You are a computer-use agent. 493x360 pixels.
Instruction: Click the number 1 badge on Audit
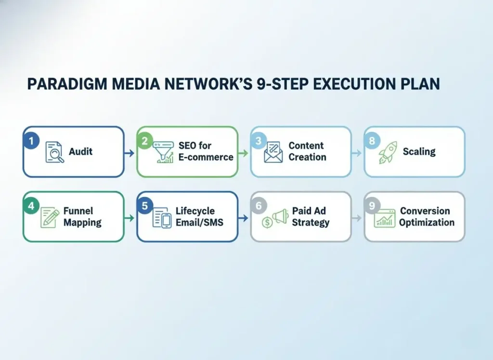[31, 141]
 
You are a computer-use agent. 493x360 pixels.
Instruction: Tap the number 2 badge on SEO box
[144, 141]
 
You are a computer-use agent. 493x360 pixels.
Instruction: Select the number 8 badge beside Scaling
[371, 141]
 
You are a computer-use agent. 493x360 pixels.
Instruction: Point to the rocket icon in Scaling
[388, 153]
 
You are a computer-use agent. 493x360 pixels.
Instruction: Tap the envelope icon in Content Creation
[273, 152]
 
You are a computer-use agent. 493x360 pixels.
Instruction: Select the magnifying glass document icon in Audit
[55, 152]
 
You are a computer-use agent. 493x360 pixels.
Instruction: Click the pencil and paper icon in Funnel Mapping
[50, 217]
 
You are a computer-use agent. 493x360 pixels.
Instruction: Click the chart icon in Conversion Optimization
[385, 219]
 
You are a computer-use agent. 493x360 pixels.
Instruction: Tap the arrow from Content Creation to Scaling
[357, 153]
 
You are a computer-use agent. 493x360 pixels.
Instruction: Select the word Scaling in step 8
[419, 151]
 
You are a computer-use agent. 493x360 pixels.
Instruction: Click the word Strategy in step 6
[311, 223]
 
